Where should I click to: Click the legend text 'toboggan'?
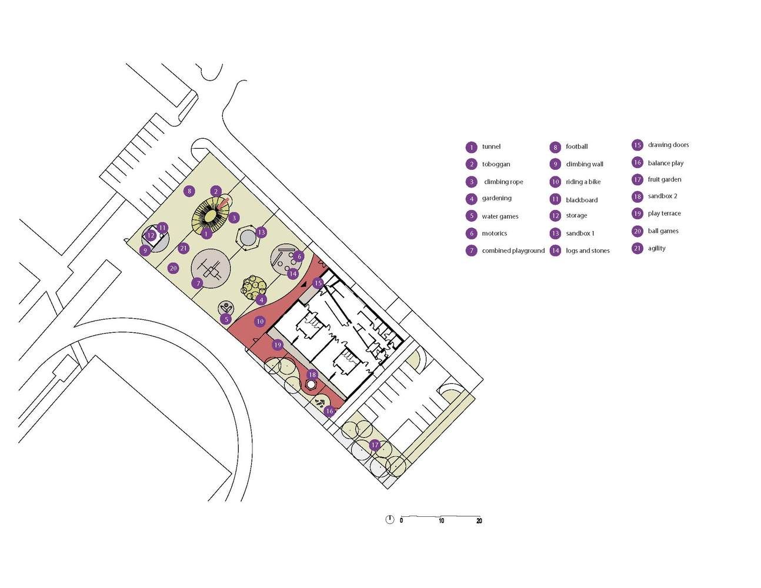tap(496, 164)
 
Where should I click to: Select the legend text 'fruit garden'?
tap(665, 179)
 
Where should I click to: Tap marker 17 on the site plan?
tap(375, 445)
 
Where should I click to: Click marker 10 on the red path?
tap(260, 321)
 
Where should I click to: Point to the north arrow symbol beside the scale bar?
tap(389, 520)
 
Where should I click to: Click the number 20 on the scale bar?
tap(479, 521)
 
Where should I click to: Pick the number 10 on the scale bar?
tap(441, 521)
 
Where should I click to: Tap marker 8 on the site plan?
tap(189, 191)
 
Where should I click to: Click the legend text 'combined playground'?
tap(513, 250)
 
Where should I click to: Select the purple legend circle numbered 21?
tap(637, 249)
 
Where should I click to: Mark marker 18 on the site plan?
tap(312, 375)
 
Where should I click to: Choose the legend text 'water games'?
tap(500, 216)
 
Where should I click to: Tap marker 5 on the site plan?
tap(226, 319)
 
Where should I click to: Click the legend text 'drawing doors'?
tap(668, 145)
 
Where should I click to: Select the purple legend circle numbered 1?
tap(472, 148)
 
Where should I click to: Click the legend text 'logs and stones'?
tap(588, 250)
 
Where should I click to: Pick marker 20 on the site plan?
tap(173, 269)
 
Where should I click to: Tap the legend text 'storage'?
tap(576, 216)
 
